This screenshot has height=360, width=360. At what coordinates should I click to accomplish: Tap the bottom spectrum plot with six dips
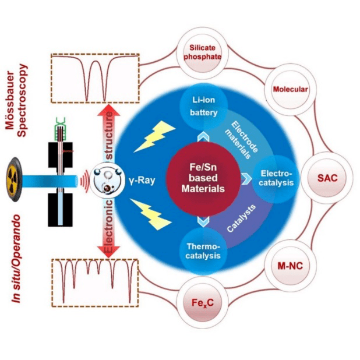(94, 276)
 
